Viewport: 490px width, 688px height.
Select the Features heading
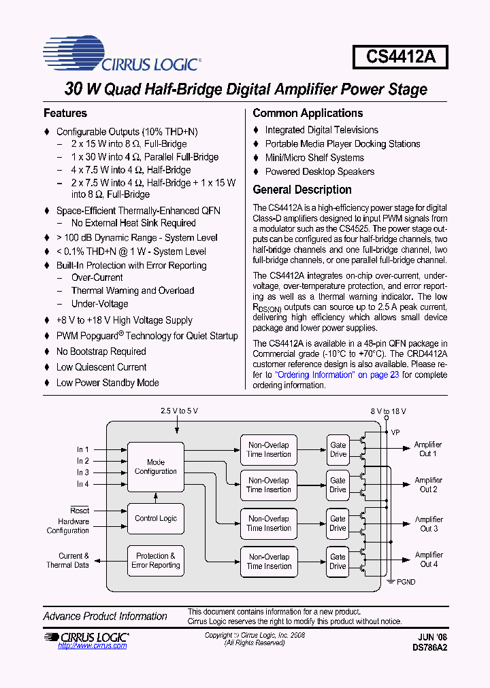[65, 114]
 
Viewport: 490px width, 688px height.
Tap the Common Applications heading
[308, 114]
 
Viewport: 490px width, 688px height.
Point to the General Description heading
[302, 190]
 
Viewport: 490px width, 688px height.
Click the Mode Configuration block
[156, 466]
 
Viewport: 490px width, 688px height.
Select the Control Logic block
[156, 518]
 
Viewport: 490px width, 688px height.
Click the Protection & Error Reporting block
[156, 560]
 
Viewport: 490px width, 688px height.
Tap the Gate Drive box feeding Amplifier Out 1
[338, 449]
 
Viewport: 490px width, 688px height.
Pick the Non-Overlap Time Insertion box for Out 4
[269, 561]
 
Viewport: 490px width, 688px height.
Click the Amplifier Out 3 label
[428, 523]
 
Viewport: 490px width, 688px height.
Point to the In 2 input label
[82, 461]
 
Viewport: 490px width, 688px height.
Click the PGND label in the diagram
[406, 582]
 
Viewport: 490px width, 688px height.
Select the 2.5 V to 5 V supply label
[179, 411]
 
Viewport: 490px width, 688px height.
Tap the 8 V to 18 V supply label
[388, 411]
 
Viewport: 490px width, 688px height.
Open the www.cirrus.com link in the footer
[93, 646]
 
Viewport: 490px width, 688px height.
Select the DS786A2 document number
[429, 648]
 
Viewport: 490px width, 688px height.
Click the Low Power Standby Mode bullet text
[108, 383]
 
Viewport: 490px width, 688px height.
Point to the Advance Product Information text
[105, 616]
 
